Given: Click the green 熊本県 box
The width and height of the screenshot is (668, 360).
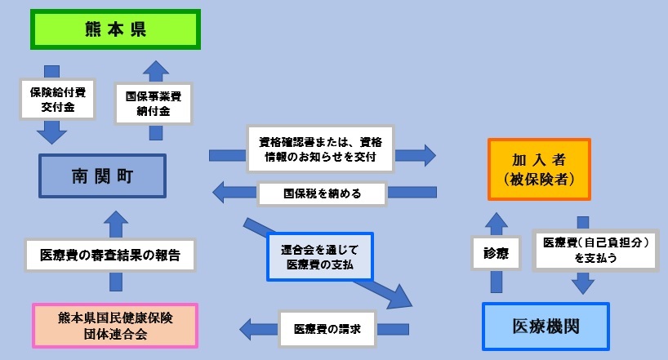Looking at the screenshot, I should coord(116,29).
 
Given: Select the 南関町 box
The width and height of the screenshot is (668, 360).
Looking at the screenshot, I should coord(102,176).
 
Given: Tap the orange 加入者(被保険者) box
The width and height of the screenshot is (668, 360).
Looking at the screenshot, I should coord(540,169).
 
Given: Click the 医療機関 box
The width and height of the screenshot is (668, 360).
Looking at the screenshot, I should coord(546,326).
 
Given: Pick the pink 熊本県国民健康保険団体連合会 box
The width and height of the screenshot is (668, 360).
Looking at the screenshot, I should coord(115,325).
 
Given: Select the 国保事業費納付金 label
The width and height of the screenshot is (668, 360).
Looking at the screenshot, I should coord(154,103).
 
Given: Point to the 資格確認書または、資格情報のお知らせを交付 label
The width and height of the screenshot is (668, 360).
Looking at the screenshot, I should coord(319,149).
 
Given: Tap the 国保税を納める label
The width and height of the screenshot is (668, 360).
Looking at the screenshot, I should coord(322,193).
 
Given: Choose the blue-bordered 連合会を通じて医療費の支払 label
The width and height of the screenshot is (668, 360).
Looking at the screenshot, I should coord(321,256).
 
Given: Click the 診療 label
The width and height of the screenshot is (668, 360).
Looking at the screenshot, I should coord(496,254).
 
